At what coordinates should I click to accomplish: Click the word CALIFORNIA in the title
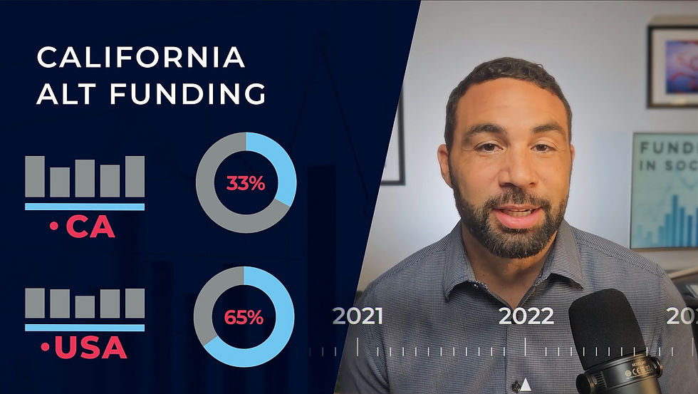point(141,58)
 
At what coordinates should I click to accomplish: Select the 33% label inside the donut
point(245,183)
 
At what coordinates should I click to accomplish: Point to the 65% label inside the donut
point(244,317)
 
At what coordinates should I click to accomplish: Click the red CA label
point(90,228)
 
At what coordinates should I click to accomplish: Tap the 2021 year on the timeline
point(358,316)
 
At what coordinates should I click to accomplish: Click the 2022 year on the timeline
point(526,316)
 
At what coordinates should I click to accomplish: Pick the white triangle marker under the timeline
point(526,385)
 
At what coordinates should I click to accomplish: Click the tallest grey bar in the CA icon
point(135,176)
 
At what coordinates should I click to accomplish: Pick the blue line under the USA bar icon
point(84,328)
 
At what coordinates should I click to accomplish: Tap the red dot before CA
point(53,229)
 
